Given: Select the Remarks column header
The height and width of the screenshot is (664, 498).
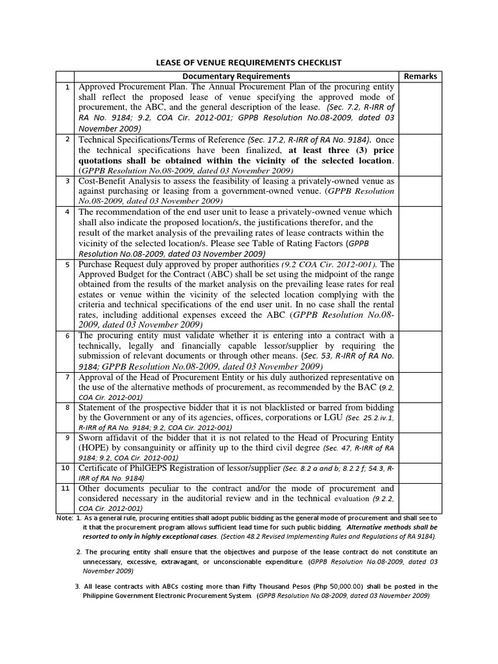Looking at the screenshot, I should tap(420, 76).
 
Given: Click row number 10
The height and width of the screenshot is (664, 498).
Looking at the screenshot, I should tap(65, 468).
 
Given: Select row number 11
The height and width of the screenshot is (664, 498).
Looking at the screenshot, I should tap(65, 488).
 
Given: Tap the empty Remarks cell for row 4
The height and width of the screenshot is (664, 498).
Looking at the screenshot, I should tap(420, 233).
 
